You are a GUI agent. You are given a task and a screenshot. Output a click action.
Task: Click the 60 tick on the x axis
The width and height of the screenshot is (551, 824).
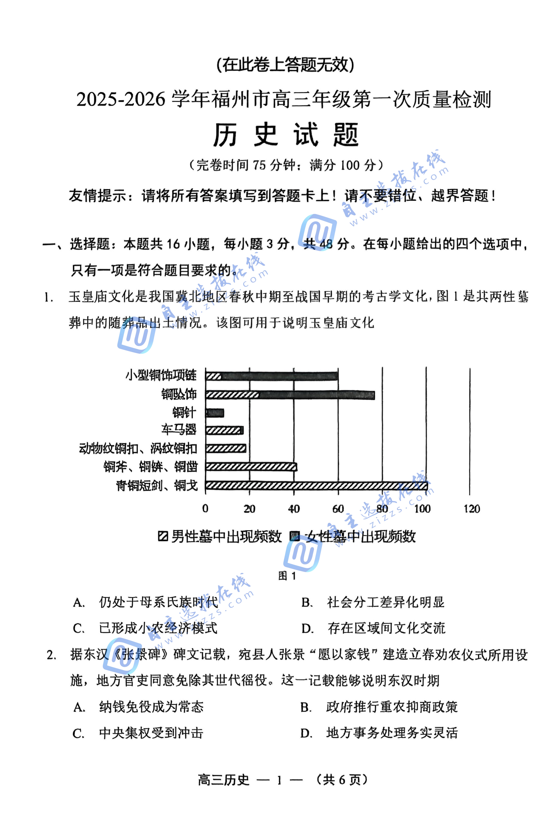pyautogui.click(x=338, y=509)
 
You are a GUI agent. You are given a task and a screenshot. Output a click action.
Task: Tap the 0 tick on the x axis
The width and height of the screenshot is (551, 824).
pyautogui.click(x=205, y=509)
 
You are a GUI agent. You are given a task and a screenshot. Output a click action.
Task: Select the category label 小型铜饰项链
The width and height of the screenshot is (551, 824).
pyautogui.click(x=161, y=375)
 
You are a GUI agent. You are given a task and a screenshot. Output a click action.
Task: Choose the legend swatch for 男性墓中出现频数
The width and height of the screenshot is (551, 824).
pyautogui.click(x=163, y=536)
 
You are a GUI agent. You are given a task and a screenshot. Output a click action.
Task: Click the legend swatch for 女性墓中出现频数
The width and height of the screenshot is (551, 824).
pyautogui.click(x=294, y=536)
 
